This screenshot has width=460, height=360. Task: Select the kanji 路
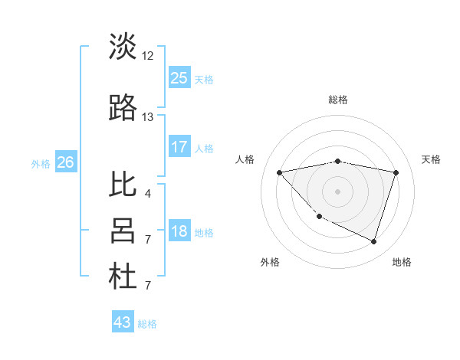pos(123,109)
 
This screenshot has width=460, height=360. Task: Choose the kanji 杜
pos(123,277)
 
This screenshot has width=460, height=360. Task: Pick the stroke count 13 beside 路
pos(148,117)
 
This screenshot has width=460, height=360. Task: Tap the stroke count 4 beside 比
pos(147,193)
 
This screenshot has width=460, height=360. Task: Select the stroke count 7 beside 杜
pos(147,286)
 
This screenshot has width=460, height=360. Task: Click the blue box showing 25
pos(179,77)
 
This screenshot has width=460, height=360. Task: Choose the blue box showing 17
pos(179,147)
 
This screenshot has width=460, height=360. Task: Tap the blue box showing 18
pos(179,231)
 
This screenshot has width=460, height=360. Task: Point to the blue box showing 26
pos(65,162)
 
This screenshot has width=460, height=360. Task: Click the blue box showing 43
pos(123,322)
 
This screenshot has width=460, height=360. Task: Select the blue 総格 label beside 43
pos(148,324)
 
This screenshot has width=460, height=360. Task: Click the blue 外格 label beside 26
pos(41,163)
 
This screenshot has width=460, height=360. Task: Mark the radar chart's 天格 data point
pos(396,172)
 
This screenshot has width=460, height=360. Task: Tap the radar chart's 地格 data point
pos(373,241)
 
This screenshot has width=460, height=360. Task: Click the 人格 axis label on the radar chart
pos(245,159)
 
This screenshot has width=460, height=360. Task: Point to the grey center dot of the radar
pos(337,191)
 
